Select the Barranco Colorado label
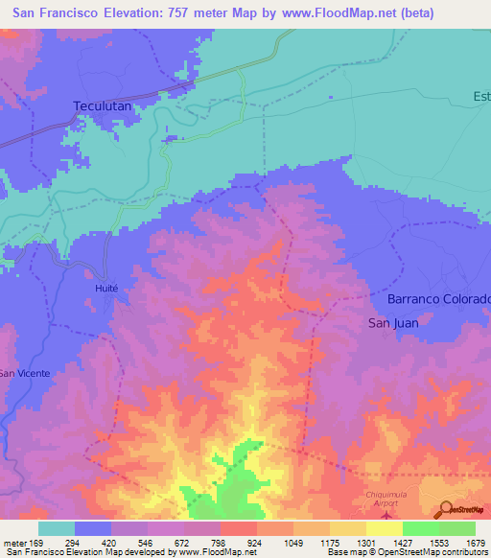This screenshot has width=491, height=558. click(439, 299)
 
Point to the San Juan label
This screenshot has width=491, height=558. click(393, 323)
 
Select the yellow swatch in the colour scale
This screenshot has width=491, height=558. click(384, 528)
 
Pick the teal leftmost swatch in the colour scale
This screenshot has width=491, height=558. click(57, 528)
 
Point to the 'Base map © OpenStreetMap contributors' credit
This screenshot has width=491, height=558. click(407, 552)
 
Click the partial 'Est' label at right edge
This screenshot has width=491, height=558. click(480, 95)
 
